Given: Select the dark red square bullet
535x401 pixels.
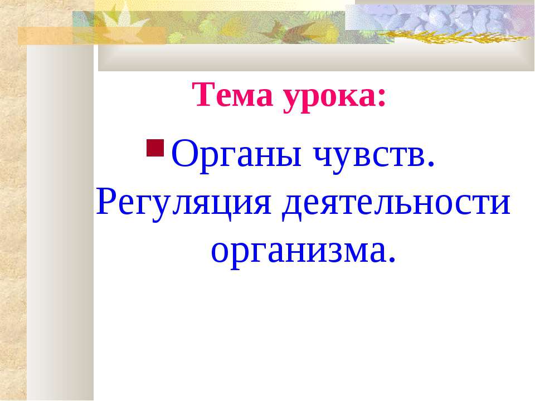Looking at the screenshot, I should tap(155, 149).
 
